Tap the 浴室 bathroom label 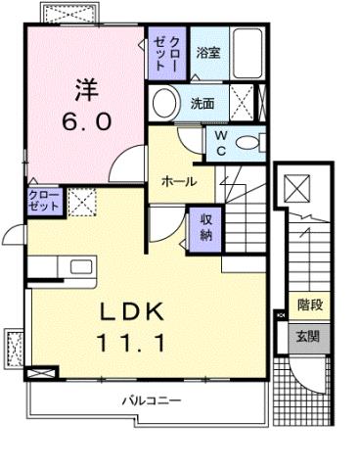click(207, 53)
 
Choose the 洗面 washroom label click(202, 102)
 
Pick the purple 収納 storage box click(204, 228)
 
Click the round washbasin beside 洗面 click(166, 101)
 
